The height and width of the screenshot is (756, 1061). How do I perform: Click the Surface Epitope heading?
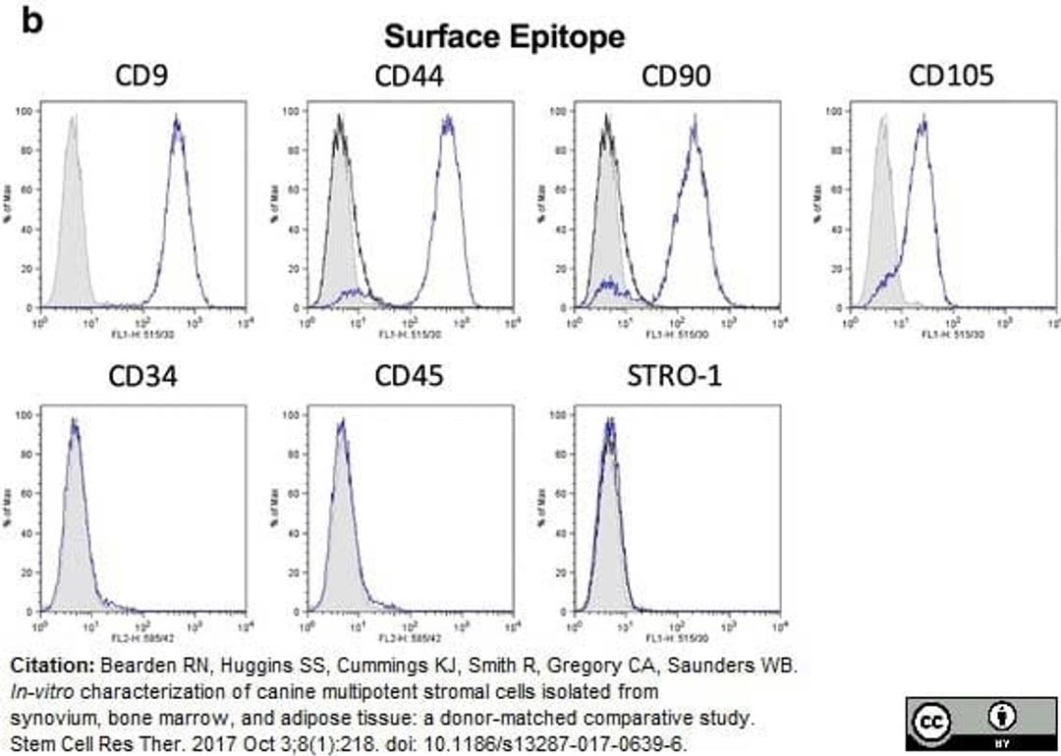504,37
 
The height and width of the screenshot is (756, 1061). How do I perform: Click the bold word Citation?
52,666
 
